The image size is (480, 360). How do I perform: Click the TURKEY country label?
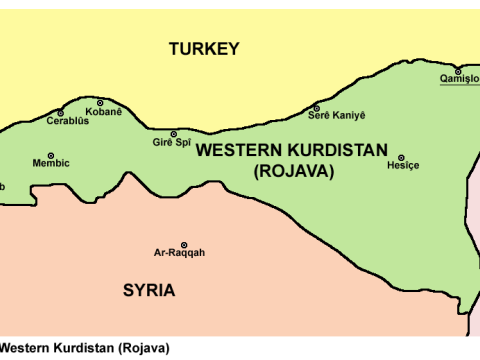204,49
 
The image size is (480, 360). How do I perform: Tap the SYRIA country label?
149,291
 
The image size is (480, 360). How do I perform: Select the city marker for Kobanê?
100,103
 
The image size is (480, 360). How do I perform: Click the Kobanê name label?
104,113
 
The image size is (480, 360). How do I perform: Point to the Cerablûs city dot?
61,113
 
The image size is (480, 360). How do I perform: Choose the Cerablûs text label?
67,122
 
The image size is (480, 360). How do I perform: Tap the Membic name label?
51,163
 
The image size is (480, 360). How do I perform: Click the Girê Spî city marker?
173,134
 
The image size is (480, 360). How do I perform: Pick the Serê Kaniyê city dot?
316,108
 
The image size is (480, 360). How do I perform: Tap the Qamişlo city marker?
458,71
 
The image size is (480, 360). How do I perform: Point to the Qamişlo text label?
458,81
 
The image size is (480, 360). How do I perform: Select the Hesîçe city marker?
402,157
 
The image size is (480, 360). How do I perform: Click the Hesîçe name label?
402,167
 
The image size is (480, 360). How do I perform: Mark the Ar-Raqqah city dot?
183,244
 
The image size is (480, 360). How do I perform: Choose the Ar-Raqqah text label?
179,254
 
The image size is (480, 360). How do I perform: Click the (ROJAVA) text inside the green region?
294,171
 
